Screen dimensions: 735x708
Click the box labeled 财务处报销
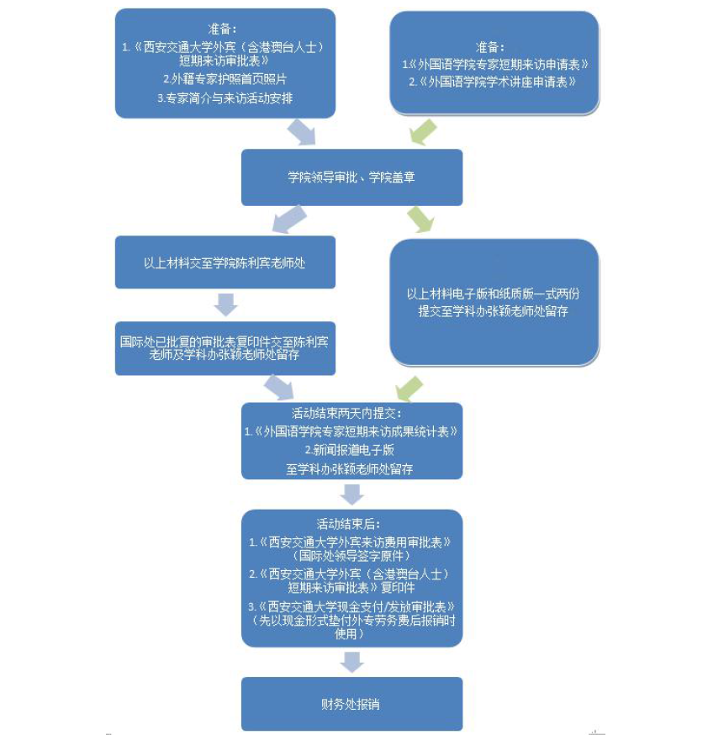click(351, 703)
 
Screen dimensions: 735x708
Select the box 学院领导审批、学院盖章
click(351, 177)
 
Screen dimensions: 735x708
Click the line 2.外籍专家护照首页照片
click(225, 79)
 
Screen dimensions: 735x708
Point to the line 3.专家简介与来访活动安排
click(225, 98)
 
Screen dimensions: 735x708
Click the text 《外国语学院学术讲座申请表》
click(497, 82)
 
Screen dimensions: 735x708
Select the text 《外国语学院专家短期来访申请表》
click(497, 64)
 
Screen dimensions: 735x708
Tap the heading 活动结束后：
click(351, 523)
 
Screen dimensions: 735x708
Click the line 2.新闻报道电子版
click(351, 451)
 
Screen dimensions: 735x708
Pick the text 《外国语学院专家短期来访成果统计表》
click(351, 432)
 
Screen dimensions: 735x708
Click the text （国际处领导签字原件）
click(351, 556)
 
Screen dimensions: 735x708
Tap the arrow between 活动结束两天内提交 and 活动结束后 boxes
click(351, 494)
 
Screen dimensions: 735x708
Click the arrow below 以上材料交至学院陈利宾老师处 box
click(225, 304)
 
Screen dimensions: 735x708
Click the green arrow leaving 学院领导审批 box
click(420, 219)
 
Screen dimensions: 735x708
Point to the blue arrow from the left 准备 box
click(300, 131)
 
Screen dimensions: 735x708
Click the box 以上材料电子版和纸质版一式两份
click(494, 302)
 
